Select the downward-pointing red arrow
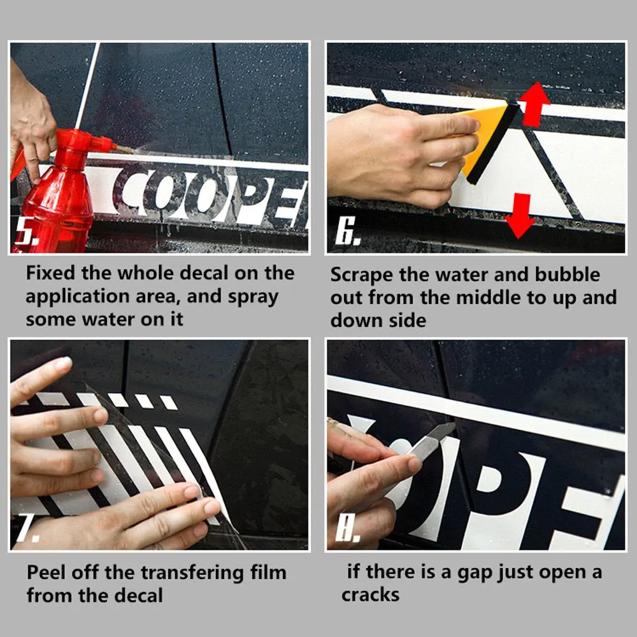coord(520,216)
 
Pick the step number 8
coord(347,527)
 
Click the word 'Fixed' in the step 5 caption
coord(50,273)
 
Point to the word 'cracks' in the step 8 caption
coord(371,595)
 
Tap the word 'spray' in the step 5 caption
coord(253,297)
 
